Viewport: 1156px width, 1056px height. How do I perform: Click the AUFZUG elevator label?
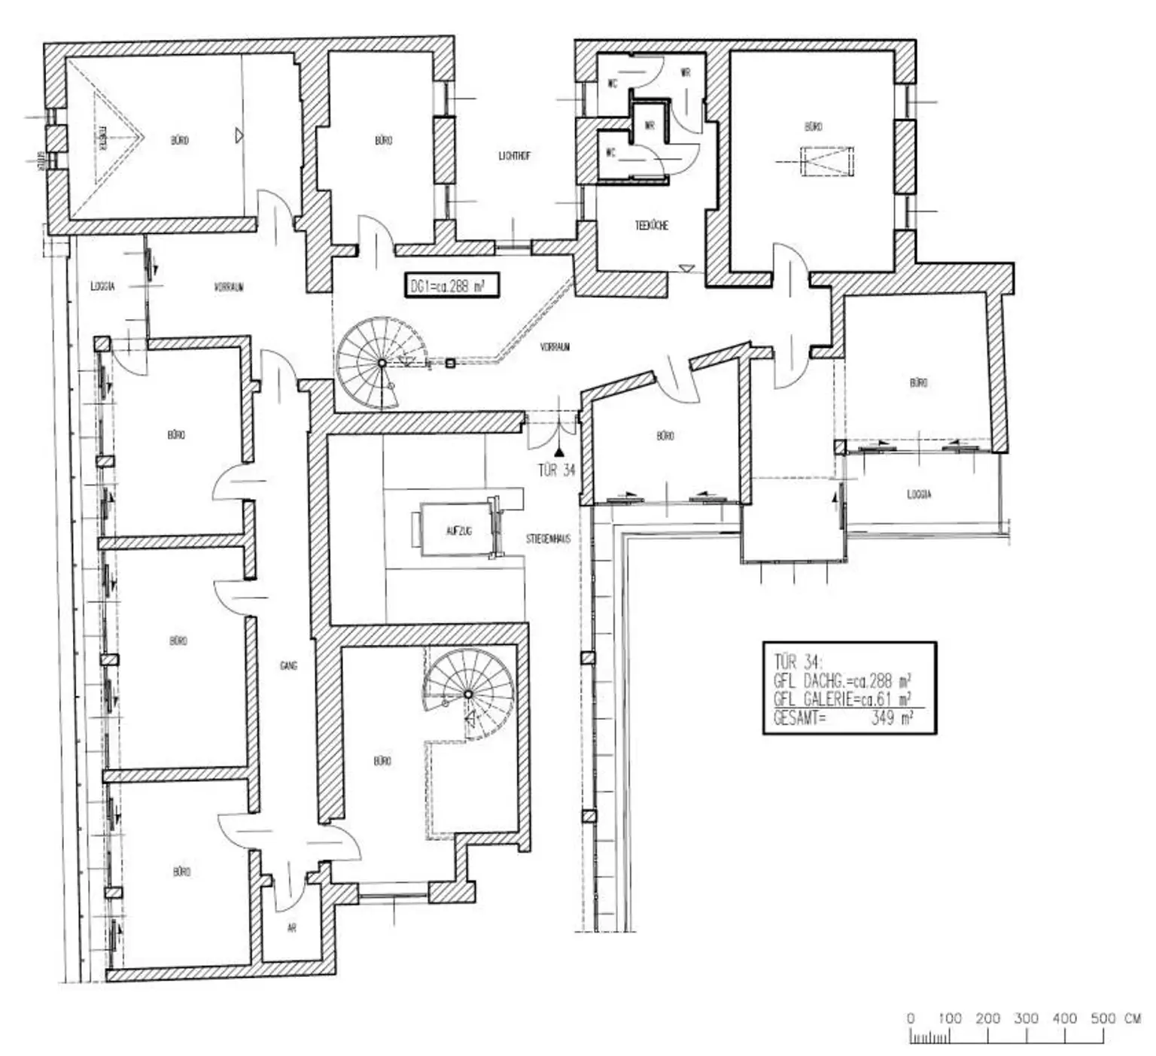pyautogui.click(x=459, y=531)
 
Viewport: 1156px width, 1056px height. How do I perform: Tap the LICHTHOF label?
pyautogui.click(x=515, y=156)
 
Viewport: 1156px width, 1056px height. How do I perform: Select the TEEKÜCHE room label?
pyautogui.click(x=652, y=225)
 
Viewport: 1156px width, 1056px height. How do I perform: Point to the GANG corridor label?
pyautogui.click(x=288, y=665)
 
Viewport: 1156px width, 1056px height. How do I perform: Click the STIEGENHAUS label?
pyautogui.click(x=548, y=539)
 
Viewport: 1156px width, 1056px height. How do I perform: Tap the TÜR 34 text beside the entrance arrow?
pyautogui.click(x=556, y=470)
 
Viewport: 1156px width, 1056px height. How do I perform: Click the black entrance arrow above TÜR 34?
pyautogui.click(x=558, y=452)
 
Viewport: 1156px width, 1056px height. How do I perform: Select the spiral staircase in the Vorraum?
pyautogui.click(x=382, y=363)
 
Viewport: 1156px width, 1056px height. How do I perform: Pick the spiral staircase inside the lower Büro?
pyautogui.click(x=467, y=694)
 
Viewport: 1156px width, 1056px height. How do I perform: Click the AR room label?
pyautogui.click(x=292, y=928)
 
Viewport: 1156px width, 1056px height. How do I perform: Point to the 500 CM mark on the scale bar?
pyautogui.click(x=1104, y=1018)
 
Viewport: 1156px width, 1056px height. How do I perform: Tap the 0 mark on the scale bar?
pyautogui.click(x=911, y=1018)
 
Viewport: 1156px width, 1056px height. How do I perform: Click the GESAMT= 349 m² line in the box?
pyautogui.click(x=843, y=718)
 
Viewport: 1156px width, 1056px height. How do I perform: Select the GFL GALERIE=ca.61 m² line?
pyautogui.click(x=843, y=699)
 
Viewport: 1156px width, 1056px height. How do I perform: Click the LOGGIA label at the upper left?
pyautogui.click(x=102, y=287)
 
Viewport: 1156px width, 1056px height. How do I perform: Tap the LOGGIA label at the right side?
pyautogui.click(x=919, y=495)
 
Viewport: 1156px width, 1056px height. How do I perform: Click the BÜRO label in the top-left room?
pyautogui.click(x=179, y=140)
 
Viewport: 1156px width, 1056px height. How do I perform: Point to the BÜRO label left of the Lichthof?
pyautogui.click(x=383, y=140)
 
